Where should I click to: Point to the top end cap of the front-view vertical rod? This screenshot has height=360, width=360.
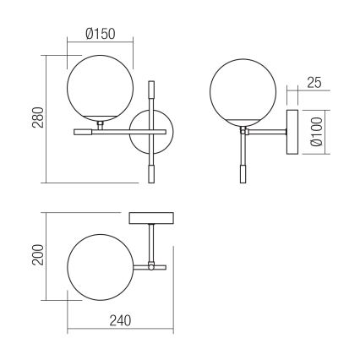click(151, 87)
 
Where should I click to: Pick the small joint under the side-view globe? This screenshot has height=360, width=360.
click(243, 130)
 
